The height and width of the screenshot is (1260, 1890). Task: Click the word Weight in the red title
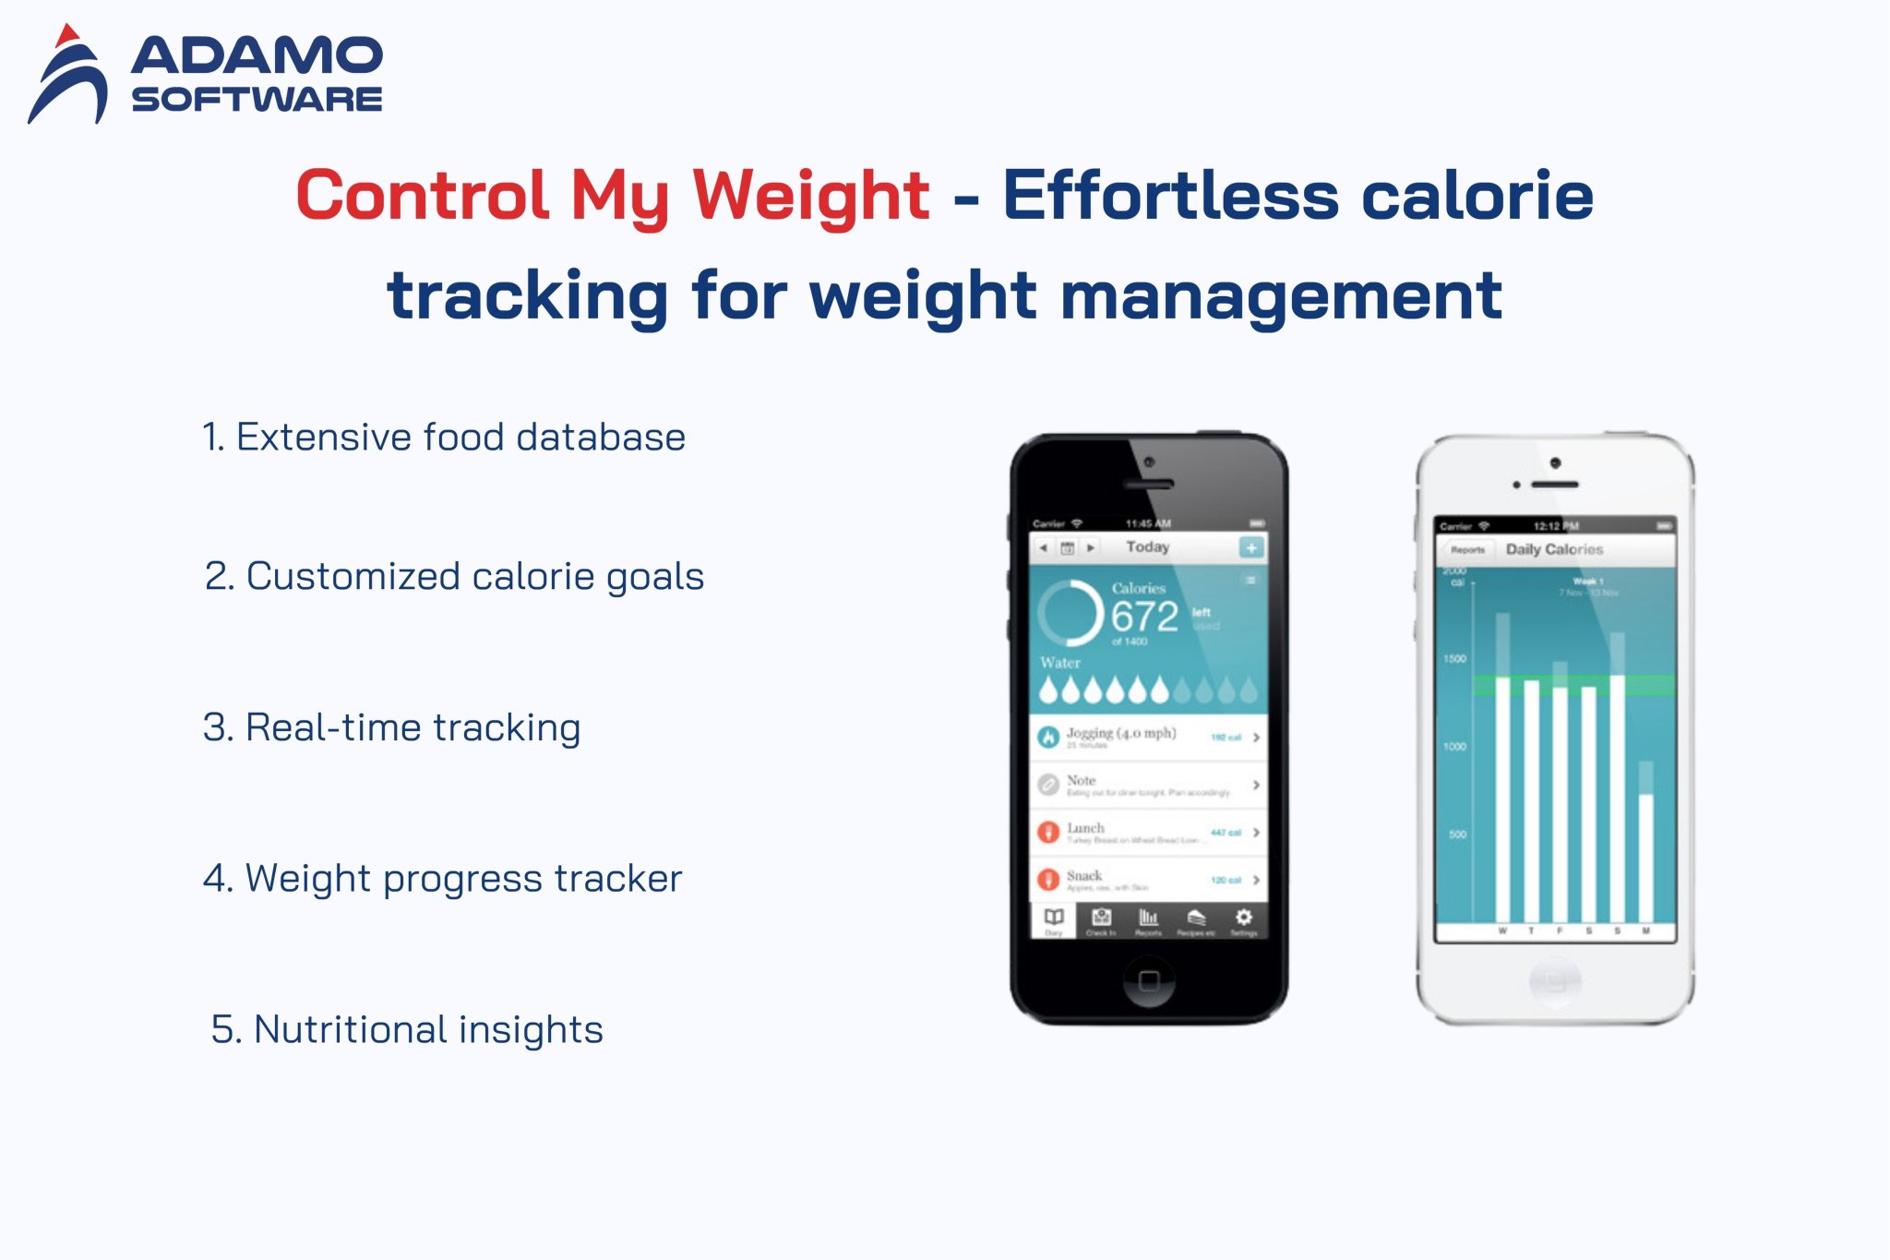pyautogui.click(x=810, y=196)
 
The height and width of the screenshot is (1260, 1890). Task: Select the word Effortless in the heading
pyautogui.click(x=1170, y=196)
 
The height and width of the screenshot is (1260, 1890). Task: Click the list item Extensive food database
pyautogui.click(x=444, y=437)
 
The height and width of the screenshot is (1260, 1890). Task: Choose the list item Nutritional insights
pyautogui.click(x=407, y=1029)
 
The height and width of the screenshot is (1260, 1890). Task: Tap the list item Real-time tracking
pyautogui.click(x=392, y=727)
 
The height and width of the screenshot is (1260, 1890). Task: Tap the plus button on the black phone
pyautogui.click(x=1250, y=547)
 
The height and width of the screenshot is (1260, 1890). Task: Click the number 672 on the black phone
pyautogui.click(x=1144, y=617)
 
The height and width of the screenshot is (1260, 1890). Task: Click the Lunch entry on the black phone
pyautogui.click(x=1086, y=829)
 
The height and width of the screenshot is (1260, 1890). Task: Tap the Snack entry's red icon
pyautogui.click(x=1047, y=879)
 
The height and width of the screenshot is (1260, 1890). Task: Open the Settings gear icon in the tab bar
pyautogui.click(x=1244, y=918)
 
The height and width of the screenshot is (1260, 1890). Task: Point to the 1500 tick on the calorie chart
pyautogui.click(x=1455, y=659)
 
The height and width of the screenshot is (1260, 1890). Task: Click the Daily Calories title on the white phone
pyautogui.click(x=1554, y=549)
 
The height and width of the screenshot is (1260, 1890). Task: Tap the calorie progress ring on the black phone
pyautogui.click(x=1071, y=613)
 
